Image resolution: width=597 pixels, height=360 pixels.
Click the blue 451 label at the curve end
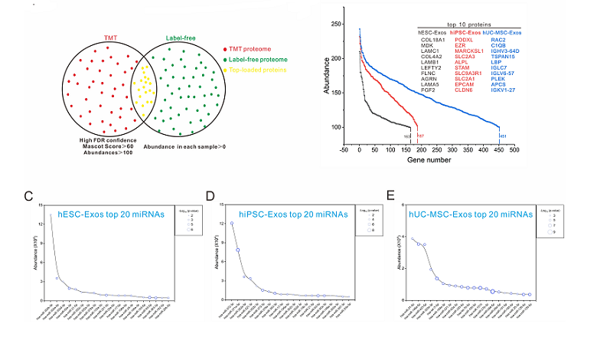(x=503, y=136)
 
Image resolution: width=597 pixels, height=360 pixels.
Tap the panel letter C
(x=28, y=197)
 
